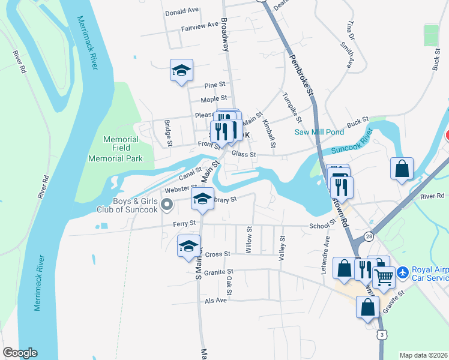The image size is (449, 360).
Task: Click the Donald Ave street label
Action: [182, 11]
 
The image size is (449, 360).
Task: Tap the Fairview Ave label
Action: [200, 25]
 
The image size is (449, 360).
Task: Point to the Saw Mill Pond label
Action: [319, 133]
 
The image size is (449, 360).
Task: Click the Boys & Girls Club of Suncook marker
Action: [167, 206]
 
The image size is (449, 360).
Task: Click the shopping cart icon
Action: [384, 277]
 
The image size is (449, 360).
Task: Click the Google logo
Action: [20, 353]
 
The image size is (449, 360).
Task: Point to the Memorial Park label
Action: [115, 158]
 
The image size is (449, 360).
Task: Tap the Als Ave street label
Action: [216, 300]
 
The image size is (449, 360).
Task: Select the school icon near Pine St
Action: [181, 71]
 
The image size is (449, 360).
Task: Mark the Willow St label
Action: [249, 239]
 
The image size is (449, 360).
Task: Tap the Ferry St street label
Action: [184, 223]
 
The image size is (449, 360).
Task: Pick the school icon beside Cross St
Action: [188, 246]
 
